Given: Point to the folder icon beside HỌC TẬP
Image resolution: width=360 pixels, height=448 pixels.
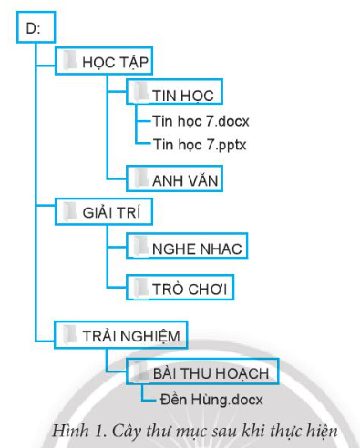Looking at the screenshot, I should tap(72, 61).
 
